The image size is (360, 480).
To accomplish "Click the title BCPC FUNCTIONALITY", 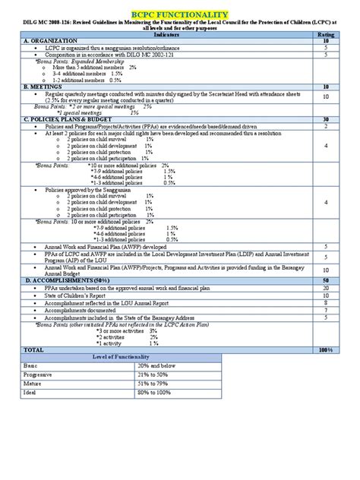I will coord(180,14).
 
